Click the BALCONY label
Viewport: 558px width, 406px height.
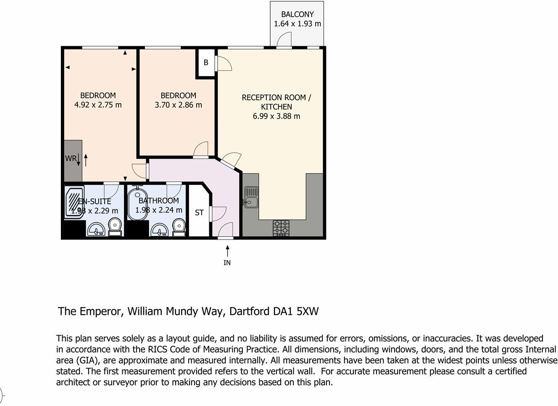coord(297,14)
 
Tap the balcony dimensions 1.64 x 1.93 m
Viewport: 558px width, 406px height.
coord(297,24)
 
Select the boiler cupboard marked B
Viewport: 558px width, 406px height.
coord(206,63)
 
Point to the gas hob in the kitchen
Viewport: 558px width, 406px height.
coord(281,228)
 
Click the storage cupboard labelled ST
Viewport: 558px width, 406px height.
coord(199,213)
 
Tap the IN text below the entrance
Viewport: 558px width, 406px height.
coord(227,263)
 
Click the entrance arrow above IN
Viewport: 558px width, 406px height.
coord(227,251)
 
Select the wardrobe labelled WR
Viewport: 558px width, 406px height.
coord(71,159)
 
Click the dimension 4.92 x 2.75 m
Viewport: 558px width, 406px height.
coord(98,105)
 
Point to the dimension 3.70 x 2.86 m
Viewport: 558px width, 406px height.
coord(178,105)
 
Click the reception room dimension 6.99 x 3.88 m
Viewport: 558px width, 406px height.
coord(276,116)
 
